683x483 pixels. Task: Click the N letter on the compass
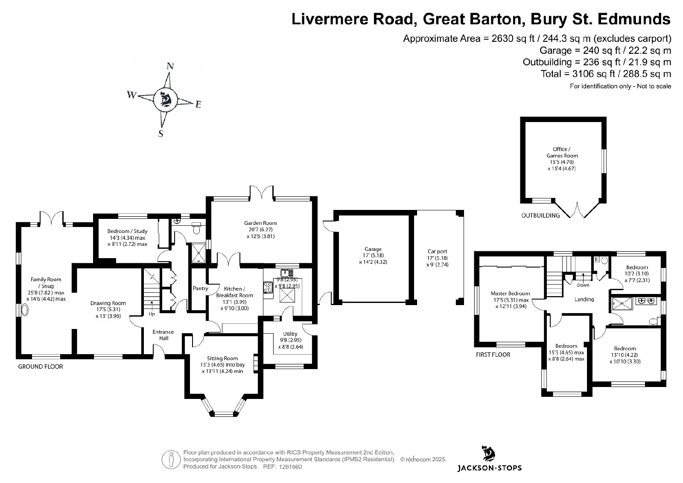pyautogui.click(x=170, y=66)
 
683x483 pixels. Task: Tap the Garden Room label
pyautogui.click(x=260, y=223)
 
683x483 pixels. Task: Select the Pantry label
pyautogui.click(x=200, y=288)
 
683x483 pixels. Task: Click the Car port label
pyautogui.click(x=437, y=251)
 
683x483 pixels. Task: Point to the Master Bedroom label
pyautogui.click(x=510, y=294)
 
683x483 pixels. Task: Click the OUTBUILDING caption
pyautogui.click(x=540, y=215)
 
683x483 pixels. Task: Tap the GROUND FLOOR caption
pyautogui.click(x=41, y=367)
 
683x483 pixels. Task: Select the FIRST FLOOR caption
pyautogui.click(x=493, y=355)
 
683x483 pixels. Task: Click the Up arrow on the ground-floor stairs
pyautogui.click(x=152, y=305)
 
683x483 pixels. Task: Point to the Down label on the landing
pyautogui.click(x=583, y=285)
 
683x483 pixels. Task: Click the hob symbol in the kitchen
pyautogui.click(x=268, y=287)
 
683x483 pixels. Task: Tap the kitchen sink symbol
pyautogui.click(x=286, y=273)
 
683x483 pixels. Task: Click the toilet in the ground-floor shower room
pyautogui.click(x=197, y=228)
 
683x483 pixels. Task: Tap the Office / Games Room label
pyautogui.click(x=562, y=152)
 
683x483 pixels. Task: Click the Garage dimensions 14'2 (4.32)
pyautogui.click(x=373, y=262)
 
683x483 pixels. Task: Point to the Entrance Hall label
pyautogui.click(x=163, y=335)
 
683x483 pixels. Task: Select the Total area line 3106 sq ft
pyautogui.click(x=606, y=74)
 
